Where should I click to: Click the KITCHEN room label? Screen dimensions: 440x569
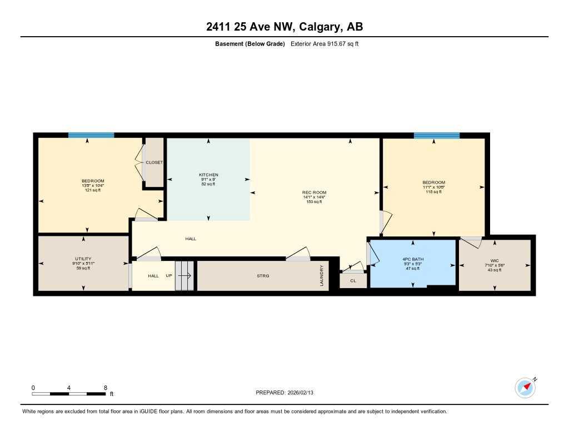pyautogui.click(x=208, y=175)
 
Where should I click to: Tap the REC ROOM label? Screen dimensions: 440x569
pyautogui.click(x=314, y=192)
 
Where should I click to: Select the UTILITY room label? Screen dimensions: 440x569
pyautogui.click(x=83, y=259)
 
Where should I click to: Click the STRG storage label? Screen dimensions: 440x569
pyautogui.click(x=263, y=276)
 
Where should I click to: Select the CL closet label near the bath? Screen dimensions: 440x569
pyautogui.click(x=353, y=281)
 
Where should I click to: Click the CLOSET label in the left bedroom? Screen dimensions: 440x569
pyautogui.click(x=154, y=162)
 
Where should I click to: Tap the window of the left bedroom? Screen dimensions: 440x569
pyautogui.click(x=91, y=135)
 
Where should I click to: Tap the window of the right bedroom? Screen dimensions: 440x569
pyautogui.click(x=437, y=135)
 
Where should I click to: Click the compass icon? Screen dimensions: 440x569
pyautogui.click(x=525, y=387)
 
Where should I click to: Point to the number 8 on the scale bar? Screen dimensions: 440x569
pyautogui.click(x=105, y=387)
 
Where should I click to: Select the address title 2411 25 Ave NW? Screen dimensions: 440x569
pyautogui.click(x=284, y=27)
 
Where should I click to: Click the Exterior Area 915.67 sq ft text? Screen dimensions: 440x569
pyautogui.click(x=325, y=44)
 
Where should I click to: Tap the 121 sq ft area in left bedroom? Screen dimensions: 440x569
pyautogui.click(x=93, y=190)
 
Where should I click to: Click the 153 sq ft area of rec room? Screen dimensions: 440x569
pyautogui.click(x=314, y=202)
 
